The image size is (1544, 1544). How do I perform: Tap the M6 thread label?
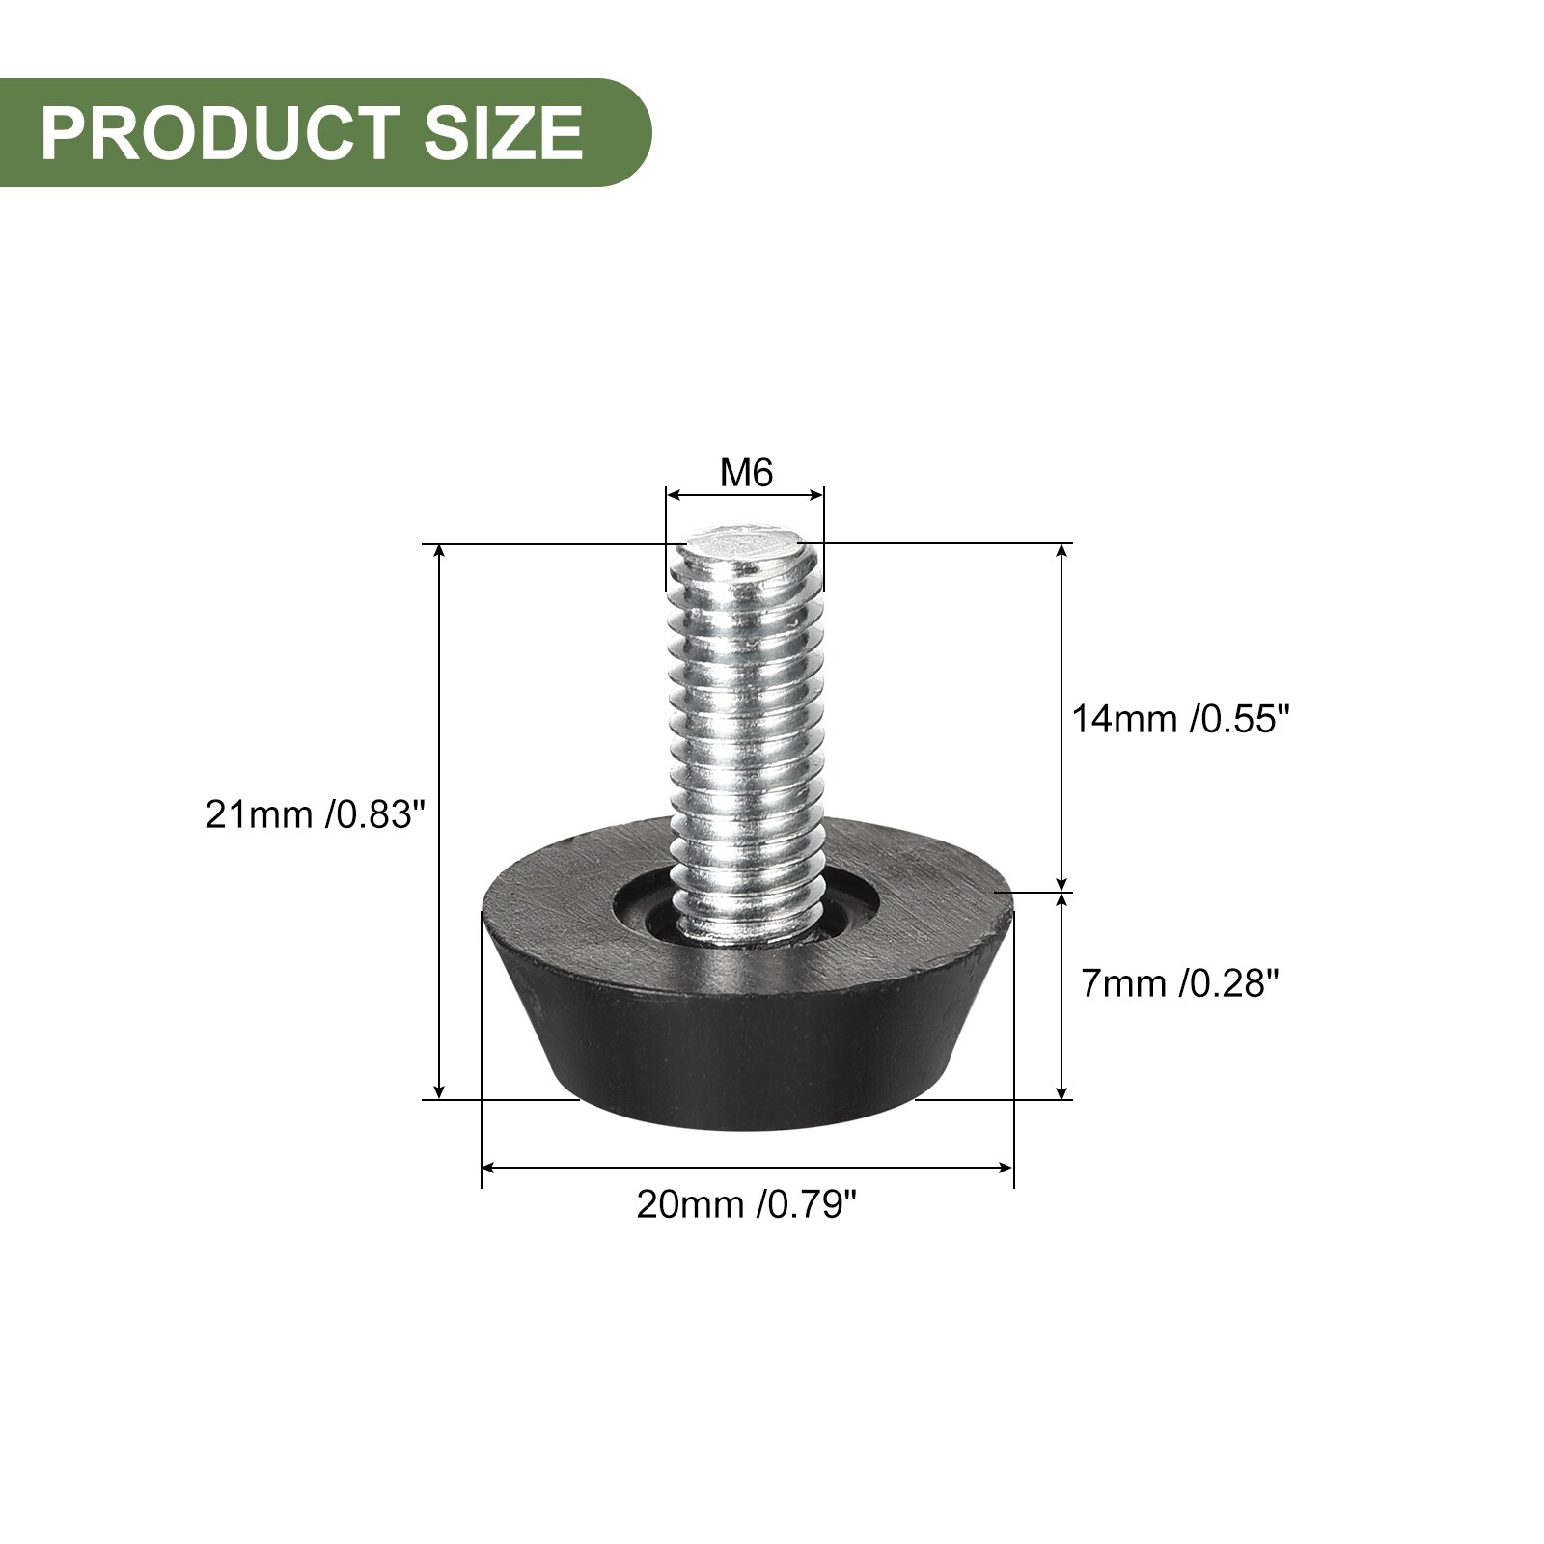point(747,473)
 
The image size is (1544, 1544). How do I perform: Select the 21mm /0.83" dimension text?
point(315,815)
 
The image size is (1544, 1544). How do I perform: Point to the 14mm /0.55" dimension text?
point(1181,719)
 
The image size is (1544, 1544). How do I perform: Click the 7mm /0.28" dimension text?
point(1180,983)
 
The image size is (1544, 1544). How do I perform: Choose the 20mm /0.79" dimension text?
point(747,1204)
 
